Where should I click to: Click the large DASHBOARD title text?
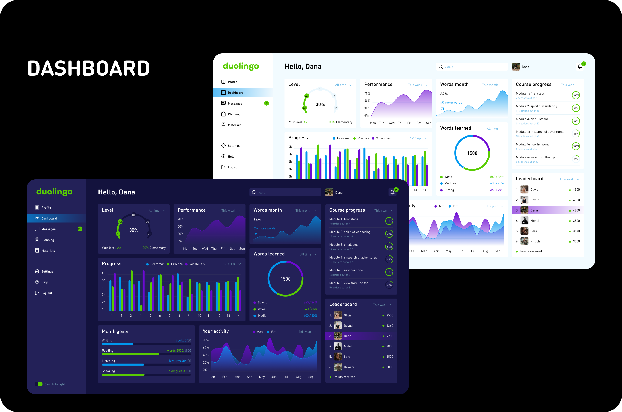click(x=89, y=68)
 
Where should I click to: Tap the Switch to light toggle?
click(x=39, y=384)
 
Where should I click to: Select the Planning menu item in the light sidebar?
click(x=234, y=114)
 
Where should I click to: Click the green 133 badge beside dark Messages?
click(x=80, y=229)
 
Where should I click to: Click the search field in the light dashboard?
click(x=472, y=67)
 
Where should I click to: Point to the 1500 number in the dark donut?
click(x=285, y=279)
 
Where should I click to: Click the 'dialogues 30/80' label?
click(x=180, y=371)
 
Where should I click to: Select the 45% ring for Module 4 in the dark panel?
click(x=389, y=259)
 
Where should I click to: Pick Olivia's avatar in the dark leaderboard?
click(x=338, y=315)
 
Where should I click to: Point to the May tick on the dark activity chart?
click(x=262, y=377)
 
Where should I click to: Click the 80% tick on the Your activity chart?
click(x=206, y=340)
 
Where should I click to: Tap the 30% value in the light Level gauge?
click(x=320, y=104)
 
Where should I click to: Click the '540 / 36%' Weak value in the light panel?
click(x=497, y=177)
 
